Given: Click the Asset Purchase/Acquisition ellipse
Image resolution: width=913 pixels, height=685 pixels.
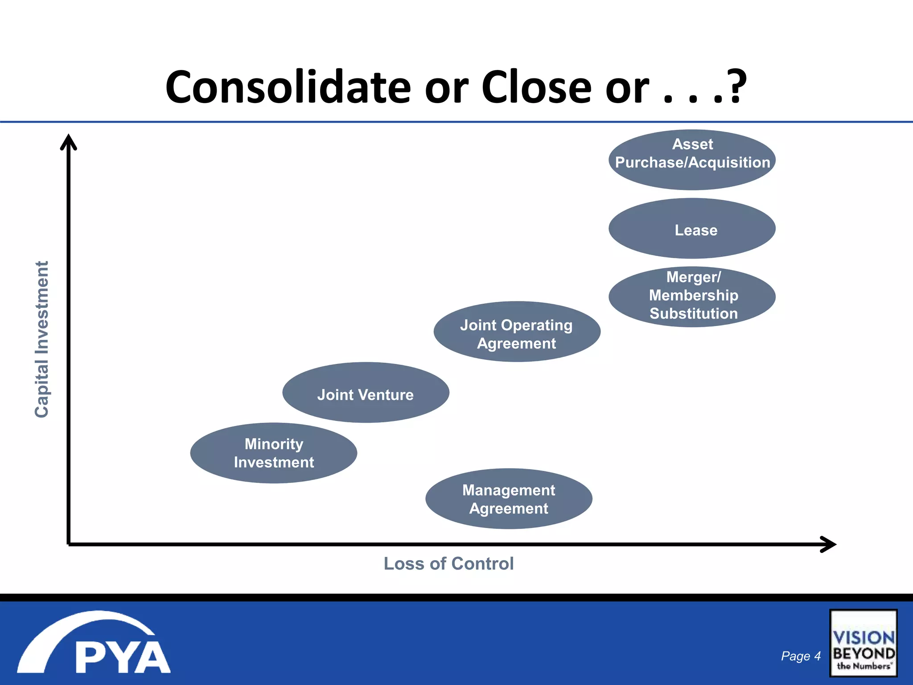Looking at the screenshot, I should click(692, 160).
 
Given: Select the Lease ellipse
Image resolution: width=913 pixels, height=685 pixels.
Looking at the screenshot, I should click(692, 229).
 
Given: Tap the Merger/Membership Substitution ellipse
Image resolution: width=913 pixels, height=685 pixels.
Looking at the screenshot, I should click(692, 297).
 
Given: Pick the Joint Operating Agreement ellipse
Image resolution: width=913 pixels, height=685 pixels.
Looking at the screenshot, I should click(517, 332).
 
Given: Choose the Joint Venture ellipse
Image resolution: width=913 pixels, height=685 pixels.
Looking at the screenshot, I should click(366, 392).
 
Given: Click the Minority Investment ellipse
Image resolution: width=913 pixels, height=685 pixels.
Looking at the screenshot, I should click(274, 453).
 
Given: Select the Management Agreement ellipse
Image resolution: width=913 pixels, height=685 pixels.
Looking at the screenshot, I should click(509, 499).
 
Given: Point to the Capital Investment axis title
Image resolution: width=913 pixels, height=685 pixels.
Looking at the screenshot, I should click(41, 339).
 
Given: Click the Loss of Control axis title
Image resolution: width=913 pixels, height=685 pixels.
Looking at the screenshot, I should click(448, 564).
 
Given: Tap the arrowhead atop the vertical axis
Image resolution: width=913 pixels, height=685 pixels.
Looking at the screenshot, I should click(69, 142).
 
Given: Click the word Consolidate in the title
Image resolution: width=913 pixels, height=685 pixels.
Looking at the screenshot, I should click(288, 87).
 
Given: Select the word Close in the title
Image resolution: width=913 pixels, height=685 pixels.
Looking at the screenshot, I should click(536, 87).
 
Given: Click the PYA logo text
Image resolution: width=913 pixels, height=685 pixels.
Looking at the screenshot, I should click(123, 657).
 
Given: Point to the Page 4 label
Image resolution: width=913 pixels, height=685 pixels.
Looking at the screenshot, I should click(801, 656).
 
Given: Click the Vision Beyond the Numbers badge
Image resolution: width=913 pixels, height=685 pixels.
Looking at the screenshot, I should click(863, 643).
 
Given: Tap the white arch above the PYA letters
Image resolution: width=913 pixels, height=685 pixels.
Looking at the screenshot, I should click(85, 629).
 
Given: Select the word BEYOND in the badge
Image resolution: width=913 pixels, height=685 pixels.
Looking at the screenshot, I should click(864, 654).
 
